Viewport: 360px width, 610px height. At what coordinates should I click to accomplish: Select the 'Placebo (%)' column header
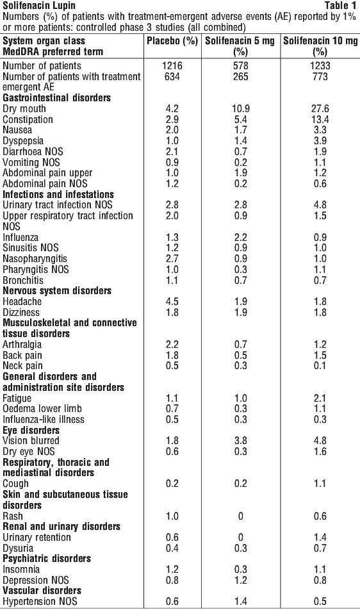point(172,41)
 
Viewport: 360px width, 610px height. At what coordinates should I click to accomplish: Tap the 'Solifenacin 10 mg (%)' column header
point(320,46)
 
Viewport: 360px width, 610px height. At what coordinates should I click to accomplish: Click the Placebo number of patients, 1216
point(172,66)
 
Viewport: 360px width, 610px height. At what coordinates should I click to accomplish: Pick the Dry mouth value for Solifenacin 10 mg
point(320,108)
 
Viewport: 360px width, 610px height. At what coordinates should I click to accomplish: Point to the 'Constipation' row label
point(28,119)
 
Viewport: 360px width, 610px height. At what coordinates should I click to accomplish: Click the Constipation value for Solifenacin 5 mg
point(241,119)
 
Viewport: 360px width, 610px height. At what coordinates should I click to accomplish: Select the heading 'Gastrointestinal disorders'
point(57,97)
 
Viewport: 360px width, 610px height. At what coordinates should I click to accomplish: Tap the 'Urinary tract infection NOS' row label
point(58,205)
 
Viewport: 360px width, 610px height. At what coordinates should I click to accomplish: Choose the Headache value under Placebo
point(172,302)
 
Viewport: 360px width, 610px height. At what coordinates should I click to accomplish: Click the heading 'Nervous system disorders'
point(57,291)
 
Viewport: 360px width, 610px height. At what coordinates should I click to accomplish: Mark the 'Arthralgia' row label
point(22,345)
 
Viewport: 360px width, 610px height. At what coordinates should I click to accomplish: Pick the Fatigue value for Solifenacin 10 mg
point(320,399)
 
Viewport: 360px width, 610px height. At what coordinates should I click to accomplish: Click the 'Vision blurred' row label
point(31,441)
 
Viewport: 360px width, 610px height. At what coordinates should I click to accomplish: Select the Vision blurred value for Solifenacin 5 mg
point(241,441)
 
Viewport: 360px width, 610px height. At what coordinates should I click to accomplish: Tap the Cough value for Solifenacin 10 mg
point(320,484)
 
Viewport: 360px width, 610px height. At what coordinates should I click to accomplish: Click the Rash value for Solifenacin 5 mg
point(241,516)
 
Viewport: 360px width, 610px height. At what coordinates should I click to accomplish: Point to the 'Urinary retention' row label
point(37,537)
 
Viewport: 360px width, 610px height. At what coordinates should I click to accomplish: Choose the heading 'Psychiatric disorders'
point(47,559)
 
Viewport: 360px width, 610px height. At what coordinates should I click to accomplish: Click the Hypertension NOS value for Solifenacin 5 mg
point(241,602)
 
